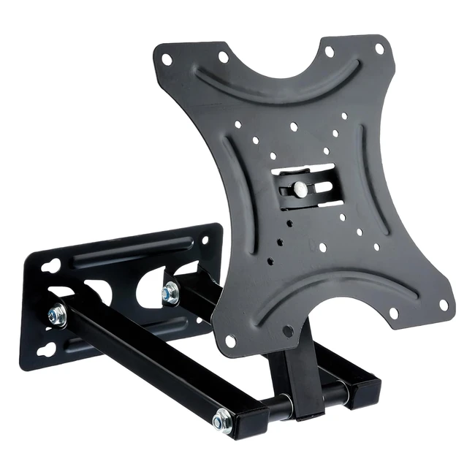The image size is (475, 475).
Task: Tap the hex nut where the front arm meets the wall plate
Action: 56,316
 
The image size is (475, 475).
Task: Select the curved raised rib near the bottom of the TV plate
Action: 343,289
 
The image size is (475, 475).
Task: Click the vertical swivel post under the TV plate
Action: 289,373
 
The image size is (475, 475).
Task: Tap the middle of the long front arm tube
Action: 139,365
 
